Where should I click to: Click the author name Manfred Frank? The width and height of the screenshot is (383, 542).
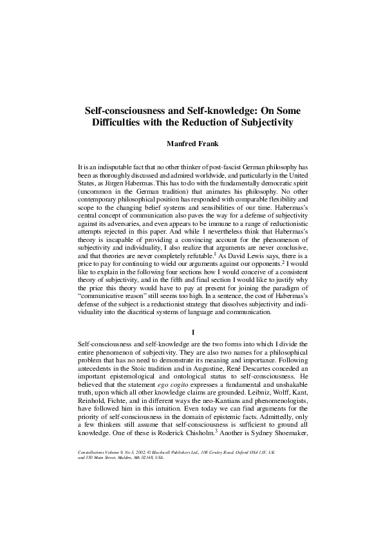click(x=191, y=144)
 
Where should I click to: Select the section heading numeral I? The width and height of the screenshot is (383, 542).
click(x=192, y=332)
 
